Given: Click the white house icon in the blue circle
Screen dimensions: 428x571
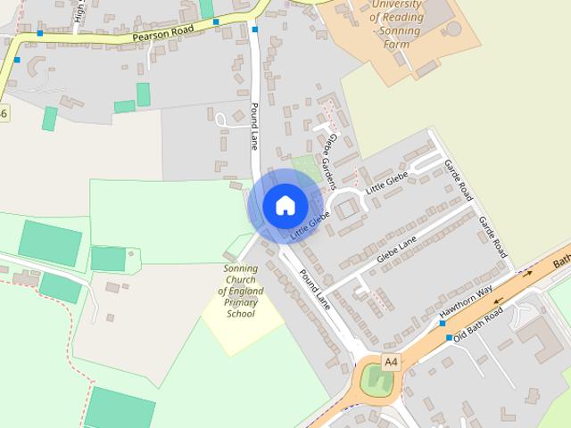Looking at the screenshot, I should click(x=285, y=205).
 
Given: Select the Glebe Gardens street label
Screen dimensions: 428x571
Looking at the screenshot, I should click(x=331, y=161).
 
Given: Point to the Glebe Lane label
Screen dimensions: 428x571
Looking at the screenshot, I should click(x=397, y=249).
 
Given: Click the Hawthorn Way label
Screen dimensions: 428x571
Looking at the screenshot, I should click(x=467, y=301).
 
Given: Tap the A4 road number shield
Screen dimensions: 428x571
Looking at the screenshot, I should click(x=391, y=361).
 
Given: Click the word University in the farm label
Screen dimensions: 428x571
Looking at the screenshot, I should click(x=397, y=4).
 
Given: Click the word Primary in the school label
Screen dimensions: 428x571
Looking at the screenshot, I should click(x=242, y=302).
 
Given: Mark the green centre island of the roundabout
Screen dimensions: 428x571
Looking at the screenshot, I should click(x=376, y=381).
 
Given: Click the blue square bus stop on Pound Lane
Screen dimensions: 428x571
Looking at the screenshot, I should click(x=255, y=29).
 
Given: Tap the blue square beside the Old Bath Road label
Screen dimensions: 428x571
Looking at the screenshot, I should click(x=449, y=338).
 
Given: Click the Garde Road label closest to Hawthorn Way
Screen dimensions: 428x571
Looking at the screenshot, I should click(x=492, y=236).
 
